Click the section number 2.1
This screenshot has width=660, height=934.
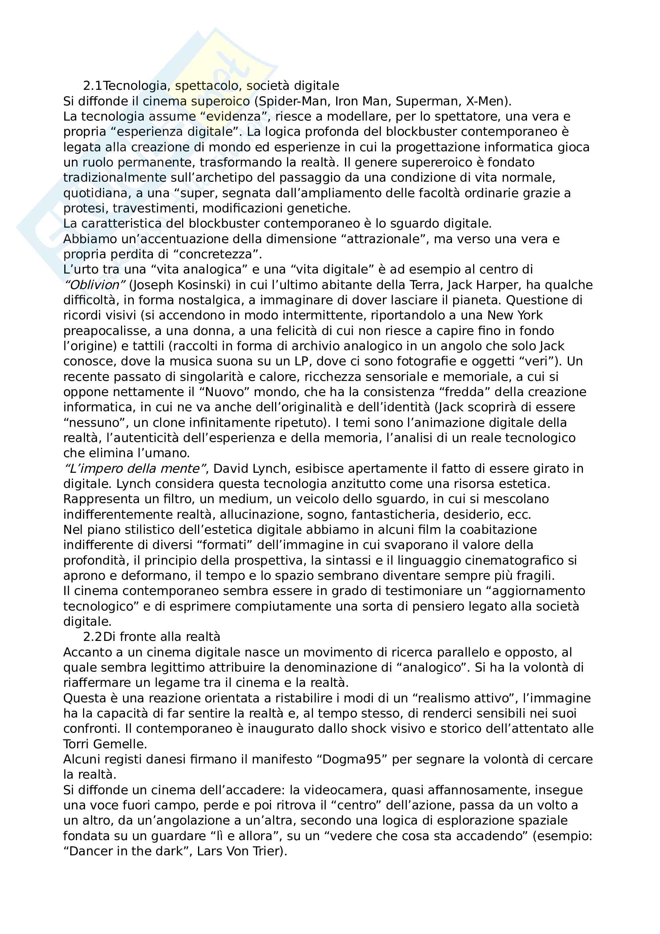[92, 86]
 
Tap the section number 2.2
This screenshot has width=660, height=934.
[92, 637]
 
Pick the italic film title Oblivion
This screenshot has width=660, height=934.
[93, 285]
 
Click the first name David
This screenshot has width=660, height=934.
[230, 469]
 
